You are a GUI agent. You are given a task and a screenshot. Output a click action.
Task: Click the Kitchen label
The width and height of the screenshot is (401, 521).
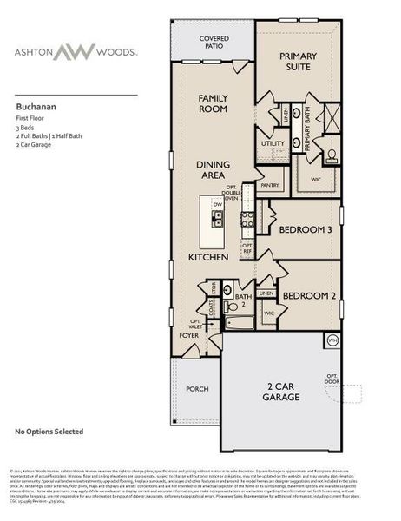[208, 257]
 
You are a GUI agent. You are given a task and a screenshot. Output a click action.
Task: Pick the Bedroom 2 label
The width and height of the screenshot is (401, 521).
[308, 294]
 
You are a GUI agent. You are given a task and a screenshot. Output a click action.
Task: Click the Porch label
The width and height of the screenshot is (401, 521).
[197, 389]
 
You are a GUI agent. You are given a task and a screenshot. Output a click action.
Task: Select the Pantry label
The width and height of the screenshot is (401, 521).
[270, 185]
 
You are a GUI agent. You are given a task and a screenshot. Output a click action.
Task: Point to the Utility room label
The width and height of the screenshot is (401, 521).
[273, 143]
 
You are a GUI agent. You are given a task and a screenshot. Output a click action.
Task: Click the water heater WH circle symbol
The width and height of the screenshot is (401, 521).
[332, 340]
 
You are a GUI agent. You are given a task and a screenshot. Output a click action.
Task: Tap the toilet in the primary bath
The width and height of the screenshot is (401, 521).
[332, 156]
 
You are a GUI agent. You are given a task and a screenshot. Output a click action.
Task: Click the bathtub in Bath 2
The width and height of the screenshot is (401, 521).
[237, 323]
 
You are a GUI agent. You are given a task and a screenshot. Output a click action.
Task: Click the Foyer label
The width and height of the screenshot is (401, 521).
[188, 334]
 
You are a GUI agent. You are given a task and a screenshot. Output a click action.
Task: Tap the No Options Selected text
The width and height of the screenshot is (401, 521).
[49, 431]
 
